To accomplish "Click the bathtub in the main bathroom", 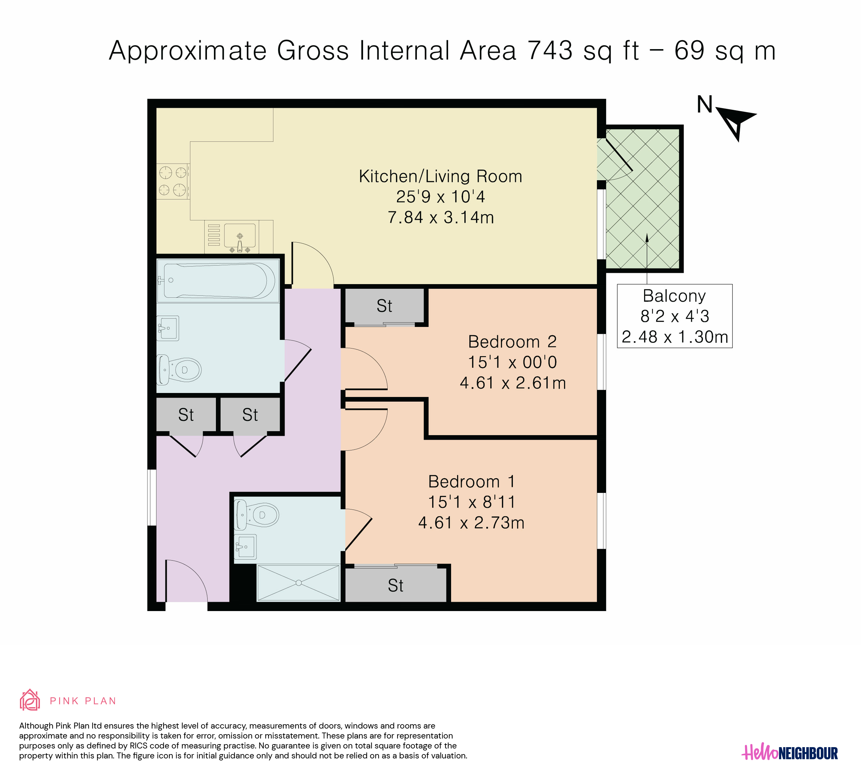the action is point(218,280).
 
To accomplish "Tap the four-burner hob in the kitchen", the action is point(173,181).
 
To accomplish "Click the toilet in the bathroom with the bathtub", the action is point(179,369).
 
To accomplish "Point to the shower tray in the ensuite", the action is point(299,583).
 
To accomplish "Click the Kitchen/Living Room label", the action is point(440,176).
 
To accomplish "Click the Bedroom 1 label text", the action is point(471,481).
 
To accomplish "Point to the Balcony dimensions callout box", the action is point(674,316).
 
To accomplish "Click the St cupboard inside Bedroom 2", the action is point(384,305).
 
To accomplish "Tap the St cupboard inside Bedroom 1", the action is point(396,585).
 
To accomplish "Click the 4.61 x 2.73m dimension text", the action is point(471,523).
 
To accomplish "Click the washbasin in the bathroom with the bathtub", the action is point(168,328).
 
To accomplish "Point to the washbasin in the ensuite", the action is point(245,547).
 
